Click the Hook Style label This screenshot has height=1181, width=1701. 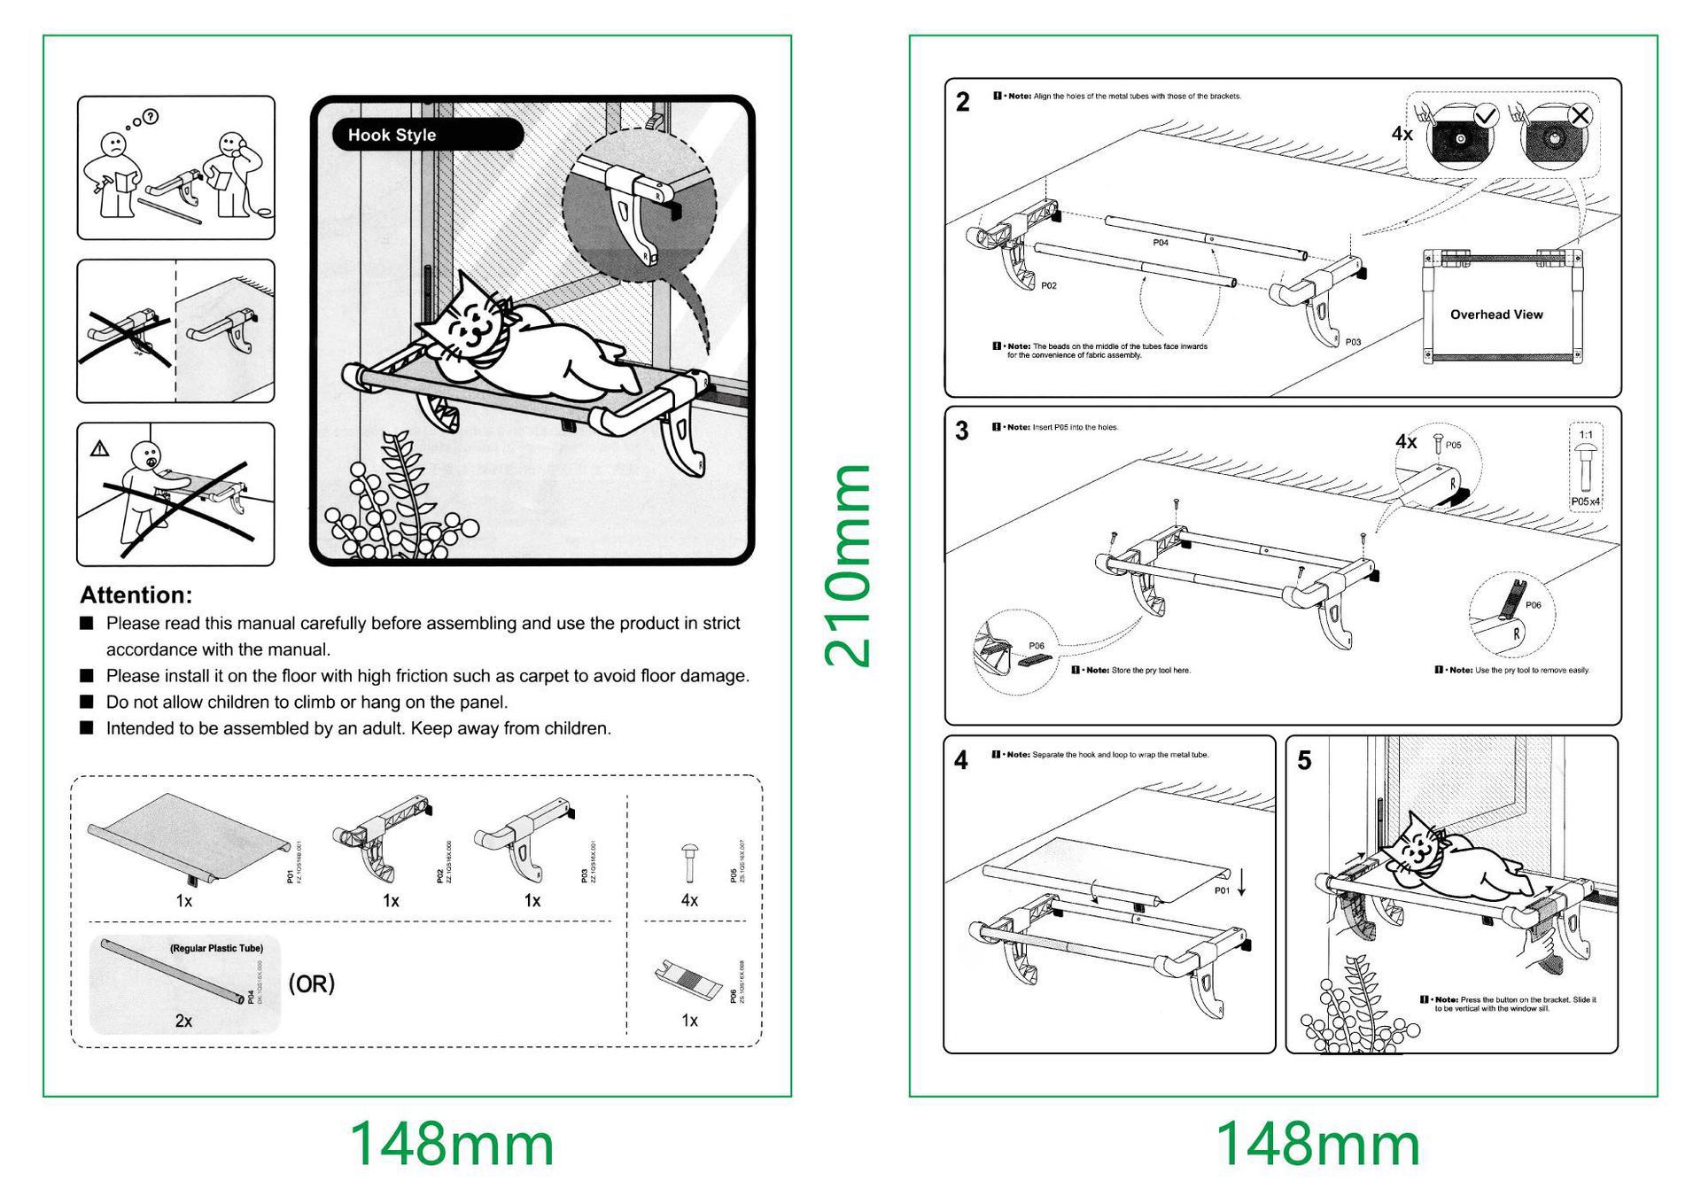(392, 135)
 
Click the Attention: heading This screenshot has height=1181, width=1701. (136, 594)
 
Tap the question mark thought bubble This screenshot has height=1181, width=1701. (151, 116)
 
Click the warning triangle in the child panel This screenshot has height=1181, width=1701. (99, 449)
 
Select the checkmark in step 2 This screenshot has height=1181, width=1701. (1486, 115)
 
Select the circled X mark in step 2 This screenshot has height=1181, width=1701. (1580, 115)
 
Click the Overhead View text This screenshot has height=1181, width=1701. (1496, 315)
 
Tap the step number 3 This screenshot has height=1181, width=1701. (962, 431)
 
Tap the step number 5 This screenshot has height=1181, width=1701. (1304, 761)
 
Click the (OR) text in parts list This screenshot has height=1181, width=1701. (312, 984)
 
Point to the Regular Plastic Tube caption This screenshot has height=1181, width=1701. (216, 948)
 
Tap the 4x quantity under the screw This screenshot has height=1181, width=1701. (689, 900)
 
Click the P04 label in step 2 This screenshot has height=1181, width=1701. (1161, 243)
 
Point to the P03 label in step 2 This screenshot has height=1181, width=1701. (1353, 342)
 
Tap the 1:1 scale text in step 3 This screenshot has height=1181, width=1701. (1586, 435)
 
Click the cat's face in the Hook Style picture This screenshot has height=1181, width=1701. (471, 325)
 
